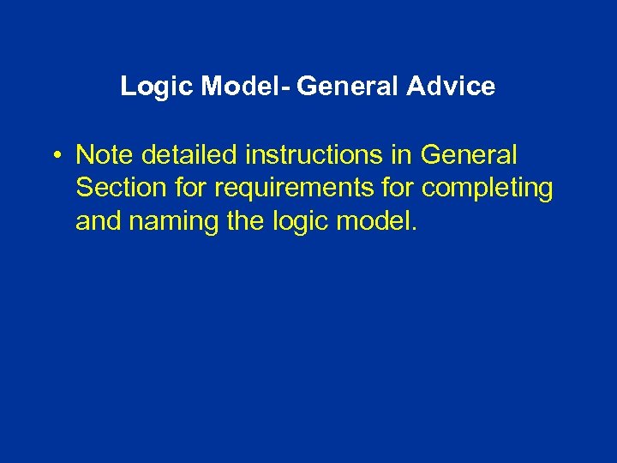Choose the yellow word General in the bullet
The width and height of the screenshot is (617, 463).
click(469, 155)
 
